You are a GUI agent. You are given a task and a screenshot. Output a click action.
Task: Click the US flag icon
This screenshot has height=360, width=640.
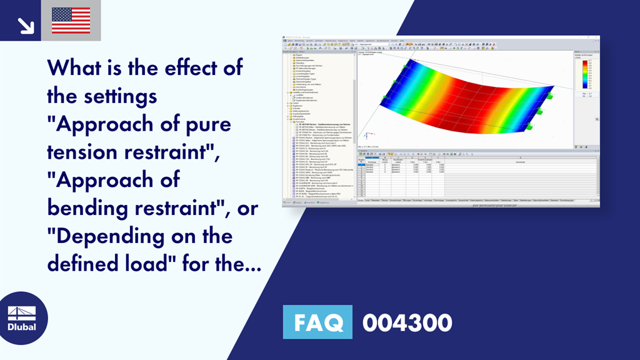coord(71,21)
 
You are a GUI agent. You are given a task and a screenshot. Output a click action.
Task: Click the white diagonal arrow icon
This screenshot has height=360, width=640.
coord(25,24)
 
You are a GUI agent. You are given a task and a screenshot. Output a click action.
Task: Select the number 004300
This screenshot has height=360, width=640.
coord(407,323)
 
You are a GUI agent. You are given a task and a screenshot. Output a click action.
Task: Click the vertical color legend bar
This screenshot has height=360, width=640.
coord(584,72)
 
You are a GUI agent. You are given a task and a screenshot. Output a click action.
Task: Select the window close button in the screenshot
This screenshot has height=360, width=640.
coord(597,37)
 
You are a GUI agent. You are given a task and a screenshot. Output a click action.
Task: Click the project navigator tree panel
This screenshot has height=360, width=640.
coord(319,125)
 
